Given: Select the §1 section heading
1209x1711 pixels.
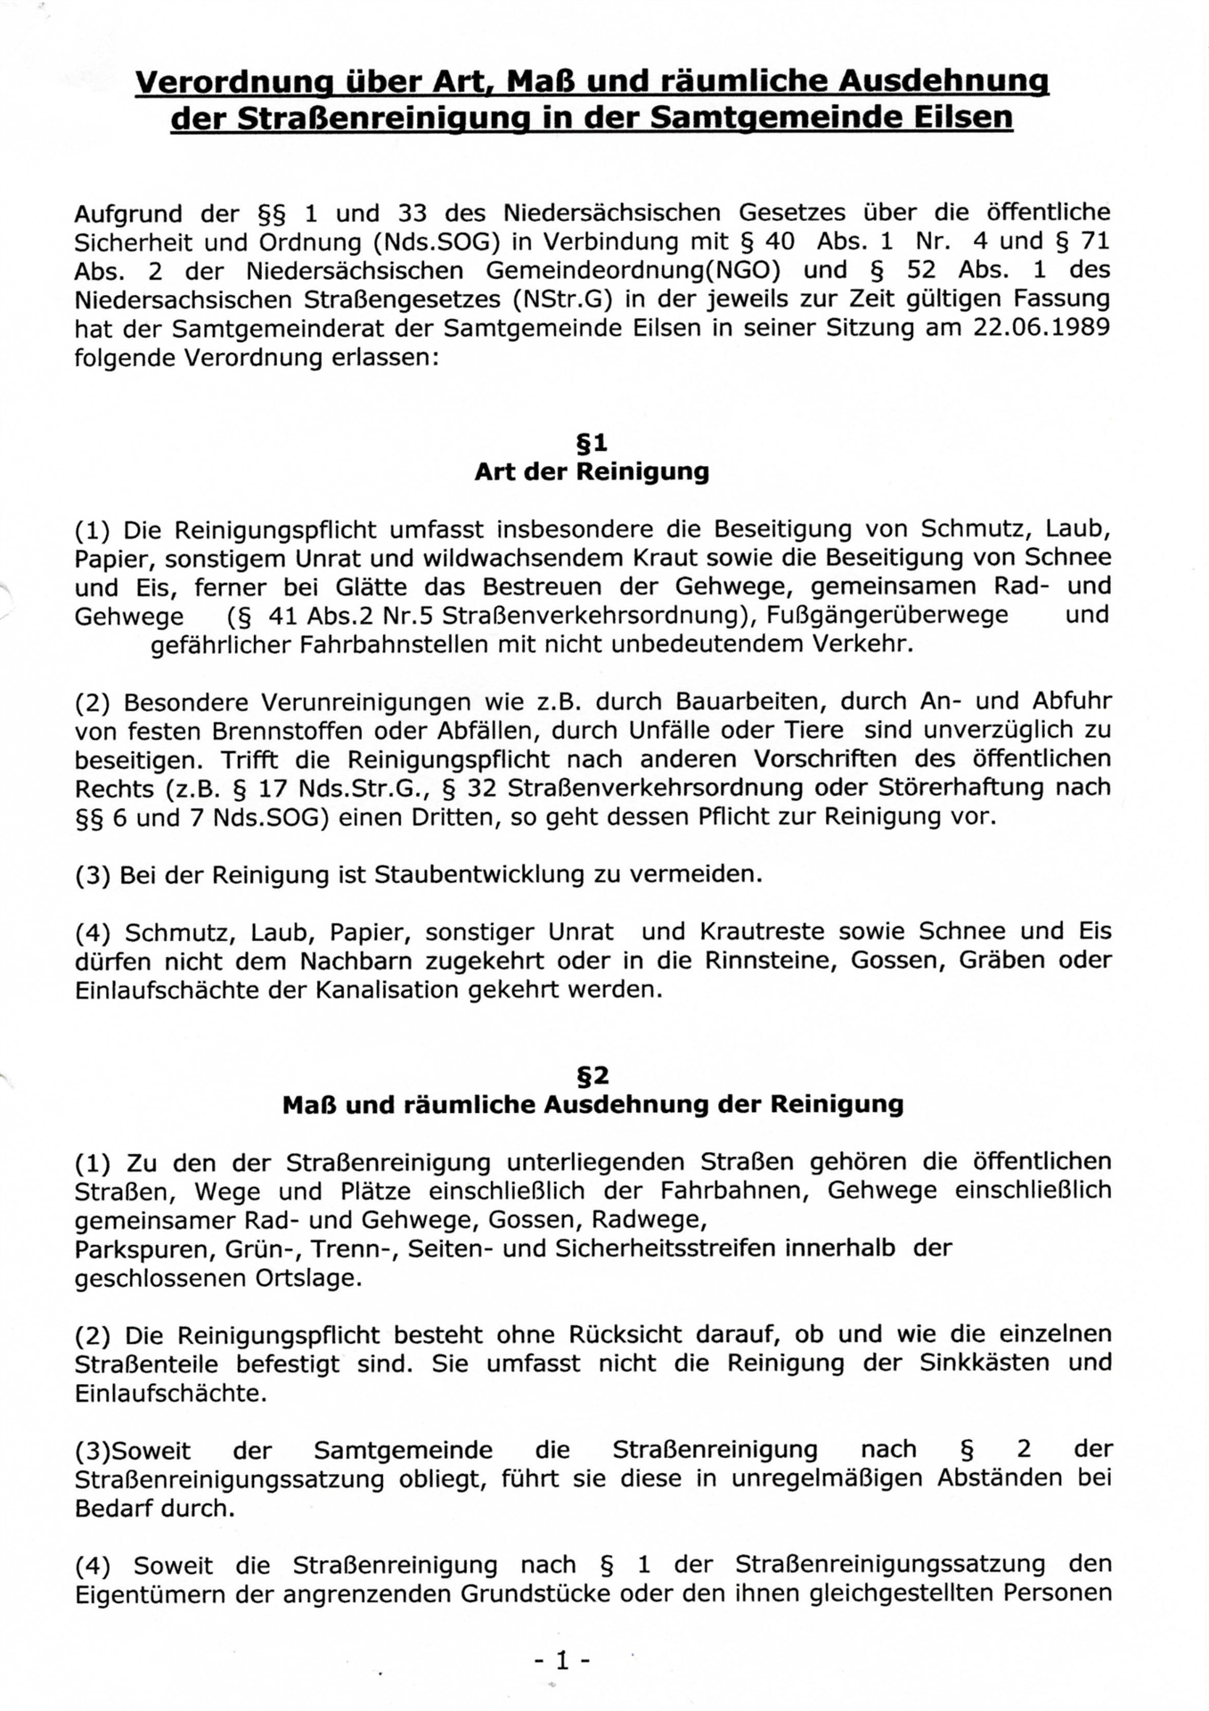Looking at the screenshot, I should pos(592,443).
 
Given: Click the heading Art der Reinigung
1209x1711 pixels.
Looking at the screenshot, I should pos(592,471).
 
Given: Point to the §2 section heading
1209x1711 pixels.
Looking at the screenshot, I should pos(592,1077).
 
